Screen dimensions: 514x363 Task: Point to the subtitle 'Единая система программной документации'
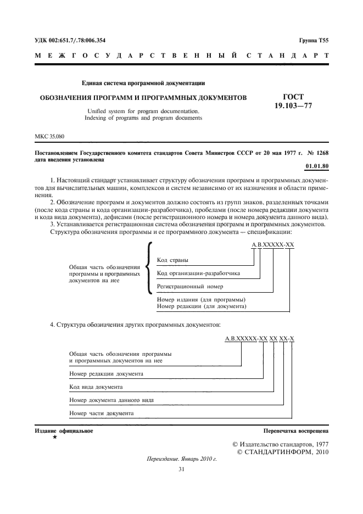point(143,83)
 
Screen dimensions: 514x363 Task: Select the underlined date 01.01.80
point(316,165)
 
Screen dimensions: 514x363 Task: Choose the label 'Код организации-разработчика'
point(198,273)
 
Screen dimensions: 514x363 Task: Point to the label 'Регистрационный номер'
point(190,287)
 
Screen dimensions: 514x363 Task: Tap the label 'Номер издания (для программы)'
point(201,299)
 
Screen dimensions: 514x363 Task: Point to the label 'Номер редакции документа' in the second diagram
point(107,374)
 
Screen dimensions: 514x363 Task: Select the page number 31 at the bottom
point(181,470)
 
